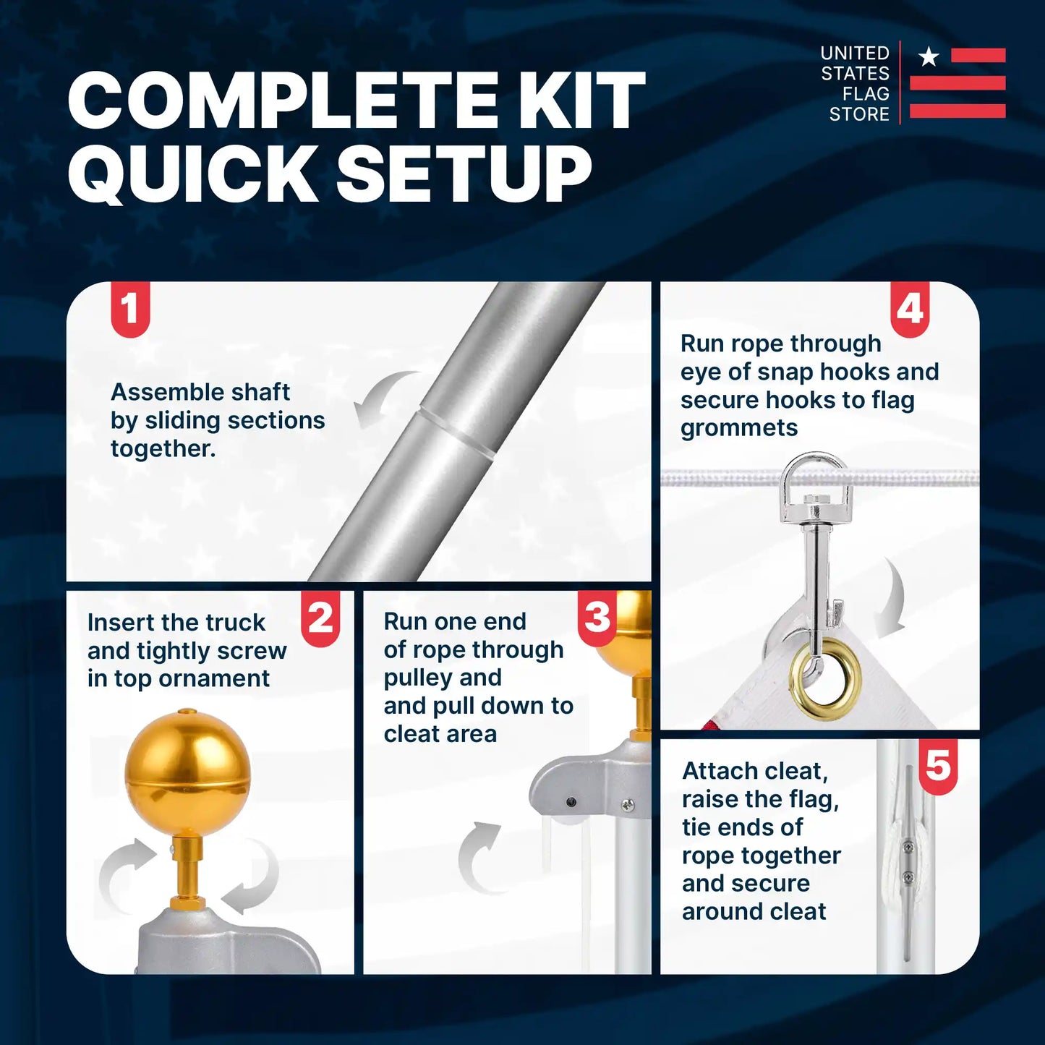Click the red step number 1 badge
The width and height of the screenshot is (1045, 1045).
130,310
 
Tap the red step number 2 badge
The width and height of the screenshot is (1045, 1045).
320,618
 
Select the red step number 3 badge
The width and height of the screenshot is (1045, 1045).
597,618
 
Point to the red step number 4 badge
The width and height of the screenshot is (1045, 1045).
910,310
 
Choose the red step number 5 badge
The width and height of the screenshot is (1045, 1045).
938,767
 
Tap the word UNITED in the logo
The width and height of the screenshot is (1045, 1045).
855,53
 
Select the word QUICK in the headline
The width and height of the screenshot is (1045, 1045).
192,174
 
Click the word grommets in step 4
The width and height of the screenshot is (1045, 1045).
739,428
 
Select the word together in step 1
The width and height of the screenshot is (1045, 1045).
163,448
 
